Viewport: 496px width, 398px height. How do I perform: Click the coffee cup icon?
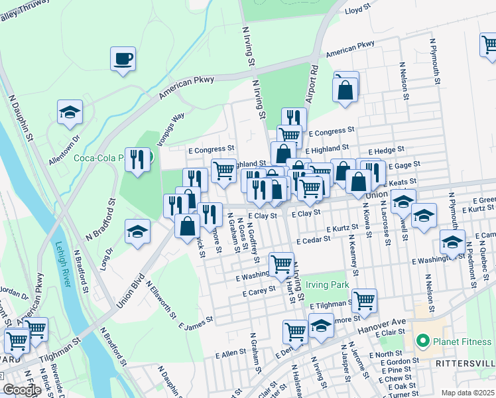point(123,58)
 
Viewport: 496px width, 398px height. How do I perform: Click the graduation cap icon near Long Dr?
point(137,231)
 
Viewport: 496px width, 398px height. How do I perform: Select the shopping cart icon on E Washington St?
point(282,264)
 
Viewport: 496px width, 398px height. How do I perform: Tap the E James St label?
point(196,322)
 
